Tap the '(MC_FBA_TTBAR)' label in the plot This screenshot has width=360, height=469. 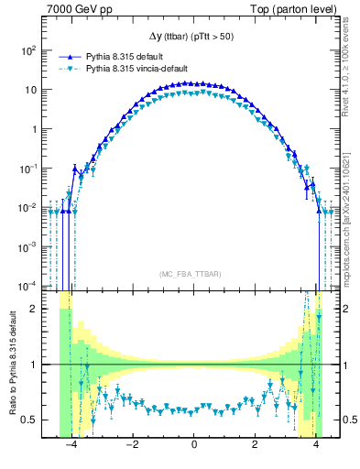(193, 274)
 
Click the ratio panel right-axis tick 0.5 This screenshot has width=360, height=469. (349, 420)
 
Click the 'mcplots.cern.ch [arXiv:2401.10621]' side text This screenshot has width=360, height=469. (352, 216)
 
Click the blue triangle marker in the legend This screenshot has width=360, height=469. (65, 56)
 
